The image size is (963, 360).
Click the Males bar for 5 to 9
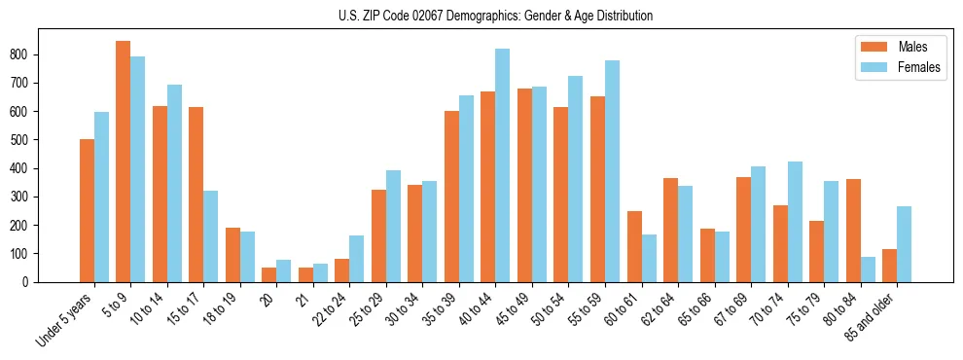124,162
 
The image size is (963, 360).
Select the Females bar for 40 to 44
503,165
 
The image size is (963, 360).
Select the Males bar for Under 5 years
87,210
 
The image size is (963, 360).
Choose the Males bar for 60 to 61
634,246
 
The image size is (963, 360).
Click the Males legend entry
891,47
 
